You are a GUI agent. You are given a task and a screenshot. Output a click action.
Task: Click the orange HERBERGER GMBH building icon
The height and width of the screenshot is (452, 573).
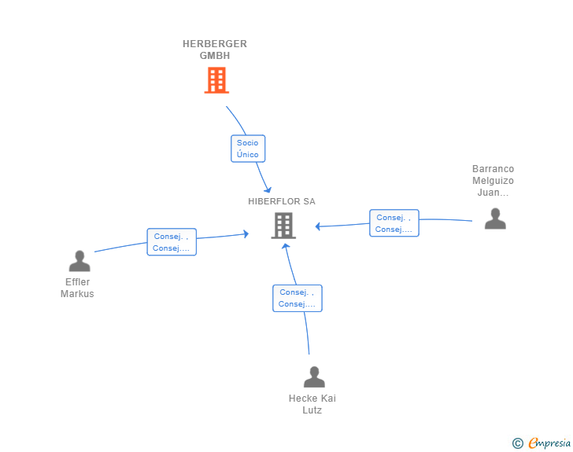pos(216,80)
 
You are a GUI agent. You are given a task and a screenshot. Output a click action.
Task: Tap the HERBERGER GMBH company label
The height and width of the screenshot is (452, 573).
pos(215,50)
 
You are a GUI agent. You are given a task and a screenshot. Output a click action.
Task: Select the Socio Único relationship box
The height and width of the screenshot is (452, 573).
pos(248,149)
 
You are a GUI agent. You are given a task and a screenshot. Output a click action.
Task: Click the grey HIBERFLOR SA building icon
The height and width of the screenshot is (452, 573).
pos(283,226)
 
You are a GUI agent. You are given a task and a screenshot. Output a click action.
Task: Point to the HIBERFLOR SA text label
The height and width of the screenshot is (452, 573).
pos(282,201)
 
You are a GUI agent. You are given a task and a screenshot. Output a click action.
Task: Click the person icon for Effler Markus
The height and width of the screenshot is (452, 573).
pos(79,261)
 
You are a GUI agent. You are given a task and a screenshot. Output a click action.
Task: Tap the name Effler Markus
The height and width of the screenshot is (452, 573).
pos(77,288)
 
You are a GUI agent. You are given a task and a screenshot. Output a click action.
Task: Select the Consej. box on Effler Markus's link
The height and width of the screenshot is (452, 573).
pos(172,242)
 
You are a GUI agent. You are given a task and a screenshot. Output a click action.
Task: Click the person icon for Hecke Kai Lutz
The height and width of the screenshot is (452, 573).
pos(314,377)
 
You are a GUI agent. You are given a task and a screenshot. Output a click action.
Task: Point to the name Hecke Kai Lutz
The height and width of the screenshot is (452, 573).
pos(312,404)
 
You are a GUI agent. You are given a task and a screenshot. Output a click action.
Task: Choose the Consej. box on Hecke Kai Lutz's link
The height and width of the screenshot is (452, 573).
pos(298,298)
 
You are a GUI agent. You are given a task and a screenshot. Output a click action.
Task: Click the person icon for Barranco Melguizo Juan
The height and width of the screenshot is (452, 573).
pos(495,219)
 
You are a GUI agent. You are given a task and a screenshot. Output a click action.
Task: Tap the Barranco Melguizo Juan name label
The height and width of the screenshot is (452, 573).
pos(493,180)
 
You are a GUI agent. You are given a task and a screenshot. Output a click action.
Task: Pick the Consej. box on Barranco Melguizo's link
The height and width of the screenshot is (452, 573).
pos(394,223)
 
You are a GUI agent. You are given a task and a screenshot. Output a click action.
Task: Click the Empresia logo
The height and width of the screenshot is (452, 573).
pos(549,443)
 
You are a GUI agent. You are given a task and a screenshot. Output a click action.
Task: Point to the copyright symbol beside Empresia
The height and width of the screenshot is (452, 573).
pos(518,443)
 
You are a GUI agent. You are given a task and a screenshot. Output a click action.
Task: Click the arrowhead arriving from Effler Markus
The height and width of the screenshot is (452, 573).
pos(246,233)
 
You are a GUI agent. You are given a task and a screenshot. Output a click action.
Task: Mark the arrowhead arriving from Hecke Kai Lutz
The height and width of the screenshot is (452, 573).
pos(286,247)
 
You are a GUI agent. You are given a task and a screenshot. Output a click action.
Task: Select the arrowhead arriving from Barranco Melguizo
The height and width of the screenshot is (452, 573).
pos(318,226)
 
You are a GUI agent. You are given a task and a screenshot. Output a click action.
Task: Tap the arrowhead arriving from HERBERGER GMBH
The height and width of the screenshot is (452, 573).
pos(268,189)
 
